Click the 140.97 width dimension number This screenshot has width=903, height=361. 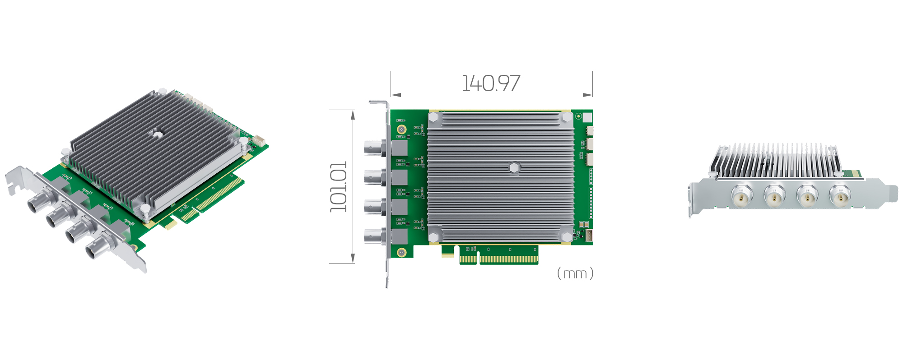tap(491, 83)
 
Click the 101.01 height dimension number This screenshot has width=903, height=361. tap(339, 186)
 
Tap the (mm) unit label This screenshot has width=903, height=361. tap(575, 273)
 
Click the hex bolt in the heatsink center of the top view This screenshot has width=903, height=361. tap(514, 168)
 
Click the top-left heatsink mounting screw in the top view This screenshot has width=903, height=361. tap(433, 117)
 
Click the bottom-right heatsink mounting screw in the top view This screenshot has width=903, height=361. tap(566, 236)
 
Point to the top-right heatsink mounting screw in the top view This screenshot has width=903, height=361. tap(567, 117)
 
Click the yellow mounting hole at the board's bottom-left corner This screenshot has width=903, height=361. tap(401, 253)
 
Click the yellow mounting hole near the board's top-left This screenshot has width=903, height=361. tap(401, 130)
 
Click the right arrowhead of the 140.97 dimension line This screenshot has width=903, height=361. tap(588, 95)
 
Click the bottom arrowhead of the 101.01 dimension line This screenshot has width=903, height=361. tap(353, 259)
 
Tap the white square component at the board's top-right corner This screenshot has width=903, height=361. tap(587, 118)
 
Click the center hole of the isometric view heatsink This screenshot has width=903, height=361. tap(156, 133)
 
